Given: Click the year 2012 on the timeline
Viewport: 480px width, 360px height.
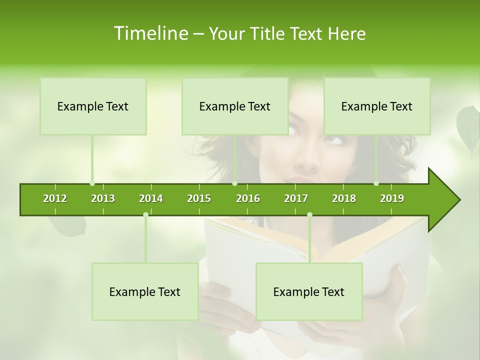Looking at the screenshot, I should tap(55, 198).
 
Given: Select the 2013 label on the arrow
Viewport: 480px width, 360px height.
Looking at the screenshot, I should tap(103, 198).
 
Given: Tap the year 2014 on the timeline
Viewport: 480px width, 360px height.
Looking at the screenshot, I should tap(151, 198).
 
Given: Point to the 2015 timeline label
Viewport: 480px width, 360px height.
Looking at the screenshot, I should tap(199, 198).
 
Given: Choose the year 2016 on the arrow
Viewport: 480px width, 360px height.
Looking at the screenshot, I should tap(248, 198).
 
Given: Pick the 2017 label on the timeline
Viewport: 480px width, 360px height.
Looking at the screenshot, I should tap(296, 198).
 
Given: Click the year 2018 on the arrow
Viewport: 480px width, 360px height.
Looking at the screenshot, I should tap(344, 198).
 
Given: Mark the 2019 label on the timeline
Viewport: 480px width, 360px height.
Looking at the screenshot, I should tap(392, 198).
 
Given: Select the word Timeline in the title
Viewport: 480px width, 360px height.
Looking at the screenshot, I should tap(150, 33).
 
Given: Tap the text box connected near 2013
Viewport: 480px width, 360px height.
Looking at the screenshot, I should tap(93, 106).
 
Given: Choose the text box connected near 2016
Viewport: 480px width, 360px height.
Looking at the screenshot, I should tap(235, 106).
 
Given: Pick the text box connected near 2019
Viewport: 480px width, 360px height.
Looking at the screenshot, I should tap(377, 106).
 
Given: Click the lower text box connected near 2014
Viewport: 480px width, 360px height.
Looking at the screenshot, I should tap(145, 291).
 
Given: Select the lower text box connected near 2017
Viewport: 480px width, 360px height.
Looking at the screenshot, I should tap(309, 291).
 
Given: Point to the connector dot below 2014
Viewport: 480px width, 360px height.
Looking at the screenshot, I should tap(145, 214).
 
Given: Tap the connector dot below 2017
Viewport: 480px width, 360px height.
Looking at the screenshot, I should tap(309, 214).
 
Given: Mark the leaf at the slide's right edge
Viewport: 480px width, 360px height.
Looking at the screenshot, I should tap(468, 129).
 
